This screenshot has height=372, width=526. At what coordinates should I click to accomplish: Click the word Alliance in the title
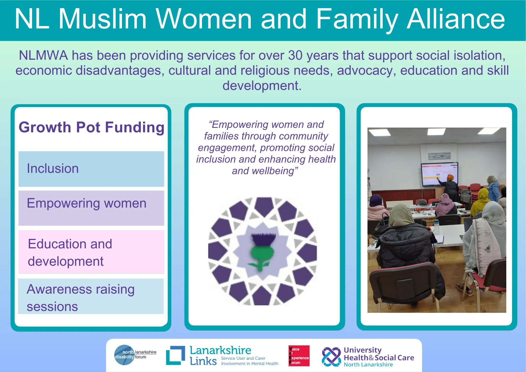(456, 19)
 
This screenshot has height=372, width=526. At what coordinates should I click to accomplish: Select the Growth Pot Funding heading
(92, 128)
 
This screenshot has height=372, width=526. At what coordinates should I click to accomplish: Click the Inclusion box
(91, 169)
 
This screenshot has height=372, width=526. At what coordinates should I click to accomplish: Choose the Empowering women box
(91, 208)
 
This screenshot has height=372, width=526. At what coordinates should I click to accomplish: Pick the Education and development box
(91, 252)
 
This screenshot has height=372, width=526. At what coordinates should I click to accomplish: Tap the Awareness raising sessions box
(91, 296)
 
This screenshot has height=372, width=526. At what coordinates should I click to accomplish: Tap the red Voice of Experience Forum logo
(299, 356)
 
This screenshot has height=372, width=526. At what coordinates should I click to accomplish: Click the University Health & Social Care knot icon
(331, 357)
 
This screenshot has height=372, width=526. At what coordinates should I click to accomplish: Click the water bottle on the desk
(437, 227)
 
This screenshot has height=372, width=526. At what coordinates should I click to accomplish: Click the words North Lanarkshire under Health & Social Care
(368, 365)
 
